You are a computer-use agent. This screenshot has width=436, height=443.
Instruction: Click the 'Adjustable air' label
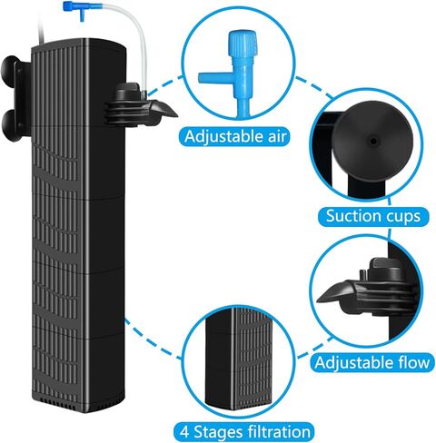click(235, 136)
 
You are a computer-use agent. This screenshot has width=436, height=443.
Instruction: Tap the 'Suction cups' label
click(373, 216)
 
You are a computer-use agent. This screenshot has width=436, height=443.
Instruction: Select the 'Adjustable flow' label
click(372, 362)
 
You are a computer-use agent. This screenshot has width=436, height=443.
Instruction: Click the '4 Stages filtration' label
click(244, 431)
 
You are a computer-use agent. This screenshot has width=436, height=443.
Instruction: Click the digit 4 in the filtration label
click(184, 432)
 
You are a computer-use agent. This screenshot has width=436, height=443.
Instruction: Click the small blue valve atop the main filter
click(74, 8)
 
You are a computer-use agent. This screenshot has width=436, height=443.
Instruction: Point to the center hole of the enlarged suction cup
click(373, 141)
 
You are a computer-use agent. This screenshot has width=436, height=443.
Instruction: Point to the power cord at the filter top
click(42, 29)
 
